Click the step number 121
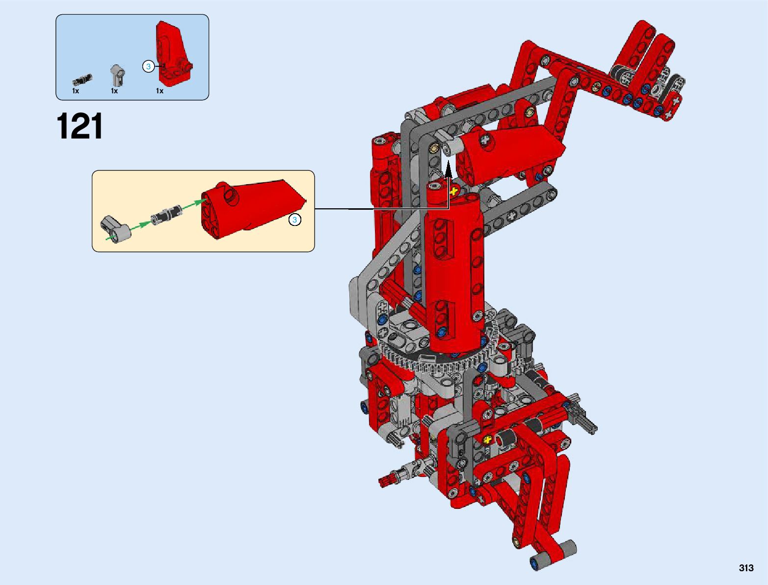[x=79, y=126]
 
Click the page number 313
[x=746, y=568]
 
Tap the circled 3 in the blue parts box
[x=148, y=66]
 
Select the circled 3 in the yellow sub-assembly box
[x=294, y=220]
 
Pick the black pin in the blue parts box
[x=82, y=80]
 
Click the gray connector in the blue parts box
[x=118, y=75]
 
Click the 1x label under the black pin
[x=76, y=91]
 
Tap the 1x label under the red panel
[x=159, y=91]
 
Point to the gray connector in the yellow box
[x=115, y=228]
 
